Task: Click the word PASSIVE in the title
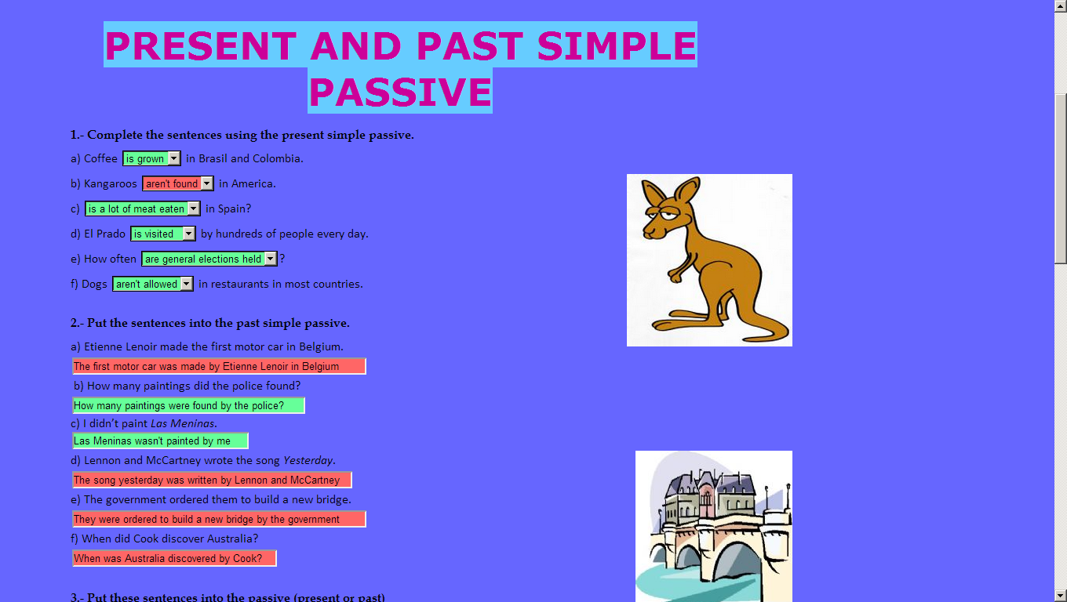click(400, 92)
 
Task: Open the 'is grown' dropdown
click(151, 158)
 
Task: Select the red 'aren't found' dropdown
click(178, 183)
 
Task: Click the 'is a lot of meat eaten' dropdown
click(142, 209)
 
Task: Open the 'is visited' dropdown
click(162, 234)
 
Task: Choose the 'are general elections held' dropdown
click(209, 259)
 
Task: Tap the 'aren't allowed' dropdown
click(153, 284)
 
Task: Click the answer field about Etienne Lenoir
click(219, 366)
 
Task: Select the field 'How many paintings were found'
click(188, 405)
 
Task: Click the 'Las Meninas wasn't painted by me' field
click(160, 441)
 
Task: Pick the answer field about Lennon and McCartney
click(212, 480)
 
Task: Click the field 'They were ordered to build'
click(219, 519)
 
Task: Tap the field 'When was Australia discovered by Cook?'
click(174, 558)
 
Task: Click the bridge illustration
click(713, 526)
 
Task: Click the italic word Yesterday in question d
click(308, 460)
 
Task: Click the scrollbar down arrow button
click(1061, 595)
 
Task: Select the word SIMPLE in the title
click(617, 46)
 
